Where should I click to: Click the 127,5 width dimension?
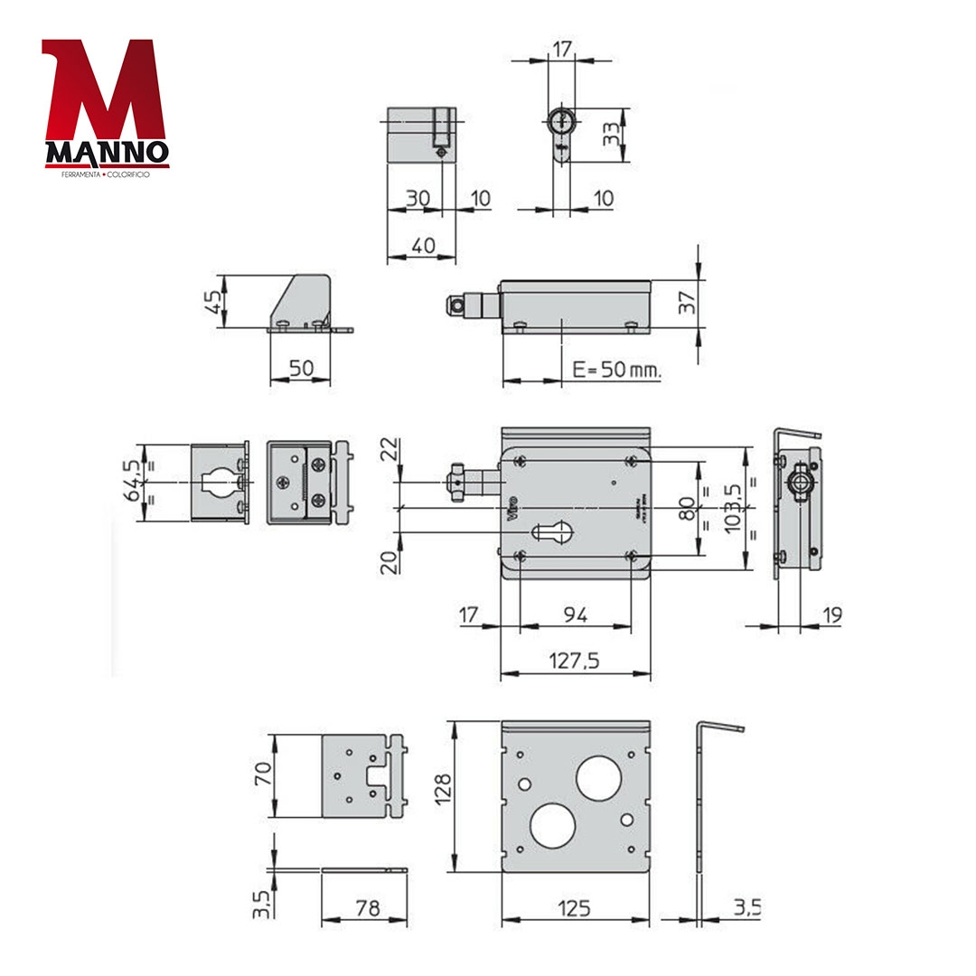(x=574, y=661)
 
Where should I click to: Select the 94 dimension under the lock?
(x=576, y=615)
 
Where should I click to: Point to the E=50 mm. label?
(x=617, y=371)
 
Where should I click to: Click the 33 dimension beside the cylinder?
(x=612, y=135)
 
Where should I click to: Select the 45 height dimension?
(x=213, y=300)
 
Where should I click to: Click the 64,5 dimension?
(x=132, y=479)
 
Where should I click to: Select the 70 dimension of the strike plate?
(x=263, y=775)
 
